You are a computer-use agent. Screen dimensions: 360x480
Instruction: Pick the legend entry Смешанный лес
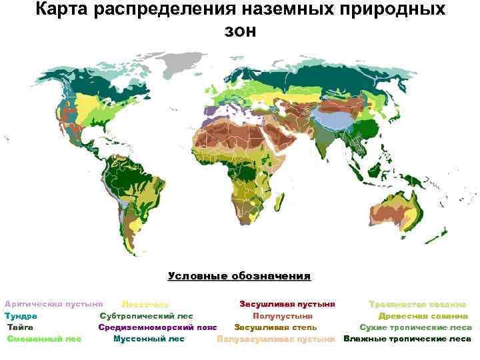point(44,339)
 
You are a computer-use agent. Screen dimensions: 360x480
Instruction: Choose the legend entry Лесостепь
point(145,305)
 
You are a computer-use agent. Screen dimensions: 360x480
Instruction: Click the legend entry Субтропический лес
point(147,316)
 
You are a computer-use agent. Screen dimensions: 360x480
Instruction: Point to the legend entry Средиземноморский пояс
point(158,327)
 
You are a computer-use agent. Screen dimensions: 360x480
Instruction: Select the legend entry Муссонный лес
point(149,339)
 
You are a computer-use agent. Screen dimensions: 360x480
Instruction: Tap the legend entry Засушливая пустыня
point(287,304)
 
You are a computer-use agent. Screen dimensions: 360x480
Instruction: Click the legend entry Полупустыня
point(283,316)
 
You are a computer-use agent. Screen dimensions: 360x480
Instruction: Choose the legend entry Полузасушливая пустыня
point(275,339)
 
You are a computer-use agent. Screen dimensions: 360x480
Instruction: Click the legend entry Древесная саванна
point(423,316)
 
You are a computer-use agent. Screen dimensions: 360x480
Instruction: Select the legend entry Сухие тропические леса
point(415,327)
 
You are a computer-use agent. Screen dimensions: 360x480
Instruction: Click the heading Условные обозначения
point(239,276)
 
